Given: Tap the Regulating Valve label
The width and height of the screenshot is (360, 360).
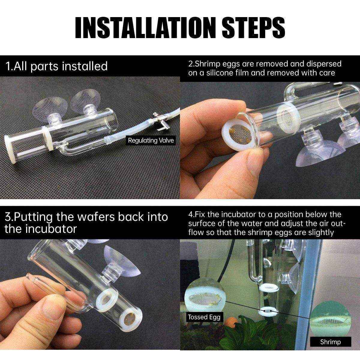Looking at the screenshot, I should click(151, 140).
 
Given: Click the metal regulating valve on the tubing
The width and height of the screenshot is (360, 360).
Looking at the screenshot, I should click(157, 119).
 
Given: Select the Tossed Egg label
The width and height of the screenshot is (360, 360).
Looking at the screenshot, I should click(204, 317).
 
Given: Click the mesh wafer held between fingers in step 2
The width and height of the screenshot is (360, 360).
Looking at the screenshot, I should click(240, 135).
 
